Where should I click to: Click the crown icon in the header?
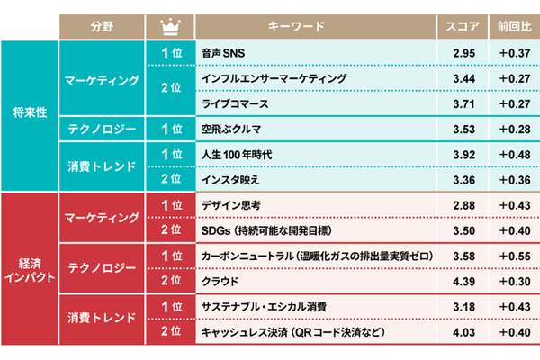171,27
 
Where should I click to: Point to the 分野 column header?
103,27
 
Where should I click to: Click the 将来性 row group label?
29,115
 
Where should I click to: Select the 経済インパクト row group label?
30,269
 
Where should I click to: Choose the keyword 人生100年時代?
238,155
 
